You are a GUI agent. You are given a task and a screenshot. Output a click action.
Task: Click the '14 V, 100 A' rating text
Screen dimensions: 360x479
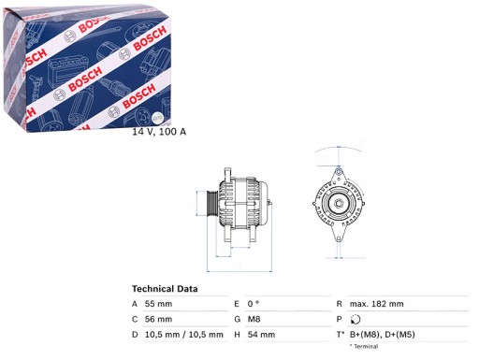pos(159,132)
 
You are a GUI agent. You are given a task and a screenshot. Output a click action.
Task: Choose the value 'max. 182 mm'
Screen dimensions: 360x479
pos(378,305)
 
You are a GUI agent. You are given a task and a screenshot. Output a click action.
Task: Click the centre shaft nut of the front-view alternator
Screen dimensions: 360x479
pos(335,203)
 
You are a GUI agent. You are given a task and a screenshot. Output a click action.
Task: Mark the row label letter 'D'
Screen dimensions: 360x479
pos(136,334)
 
